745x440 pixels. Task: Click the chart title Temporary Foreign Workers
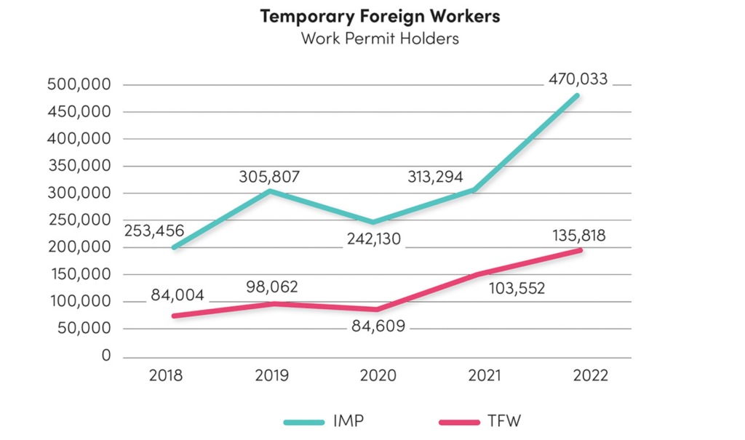[x=380, y=16]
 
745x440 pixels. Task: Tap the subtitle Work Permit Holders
[x=380, y=38]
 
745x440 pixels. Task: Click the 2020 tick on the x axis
[x=379, y=376]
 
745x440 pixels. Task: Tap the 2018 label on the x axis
[x=167, y=376]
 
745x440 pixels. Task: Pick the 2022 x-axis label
[x=589, y=376]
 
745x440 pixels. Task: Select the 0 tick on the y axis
[x=106, y=356]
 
